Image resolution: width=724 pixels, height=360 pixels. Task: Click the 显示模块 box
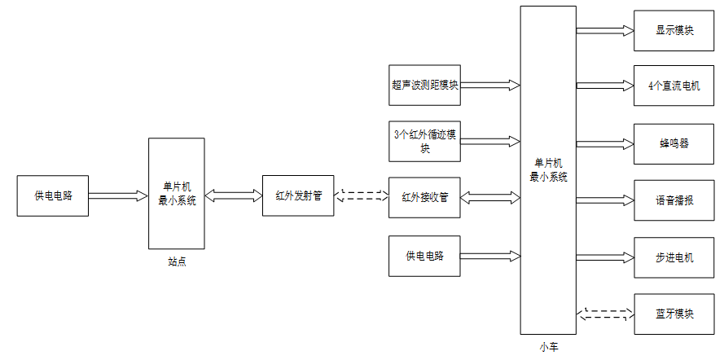click(x=674, y=30)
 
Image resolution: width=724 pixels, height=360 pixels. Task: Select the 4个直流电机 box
click(x=674, y=86)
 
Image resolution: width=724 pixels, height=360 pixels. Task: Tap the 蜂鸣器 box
click(x=674, y=143)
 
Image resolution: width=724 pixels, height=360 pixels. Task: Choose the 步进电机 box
click(x=674, y=257)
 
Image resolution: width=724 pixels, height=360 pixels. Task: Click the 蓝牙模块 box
click(x=674, y=314)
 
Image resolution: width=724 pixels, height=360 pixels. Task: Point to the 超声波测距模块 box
click(x=424, y=85)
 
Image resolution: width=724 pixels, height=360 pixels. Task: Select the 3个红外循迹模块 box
click(x=424, y=141)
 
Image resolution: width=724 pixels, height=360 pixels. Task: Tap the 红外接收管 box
click(x=424, y=196)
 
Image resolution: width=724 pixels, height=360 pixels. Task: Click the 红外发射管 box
click(x=298, y=195)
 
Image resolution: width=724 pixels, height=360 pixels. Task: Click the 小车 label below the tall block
click(x=549, y=347)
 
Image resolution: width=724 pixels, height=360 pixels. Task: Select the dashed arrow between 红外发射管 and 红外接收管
click(x=362, y=195)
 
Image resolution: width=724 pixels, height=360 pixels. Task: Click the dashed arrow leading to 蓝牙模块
click(x=605, y=314)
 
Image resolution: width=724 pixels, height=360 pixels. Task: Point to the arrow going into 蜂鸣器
click(x=605, y=143)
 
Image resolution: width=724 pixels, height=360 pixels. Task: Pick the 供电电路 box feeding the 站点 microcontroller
click(x=52, y=195)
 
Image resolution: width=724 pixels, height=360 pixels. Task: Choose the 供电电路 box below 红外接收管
click(x=424, y=256)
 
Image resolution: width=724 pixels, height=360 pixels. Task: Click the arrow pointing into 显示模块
click(x=605, y=31)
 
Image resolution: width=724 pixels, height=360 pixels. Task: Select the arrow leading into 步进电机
click(x=605, y=257)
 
